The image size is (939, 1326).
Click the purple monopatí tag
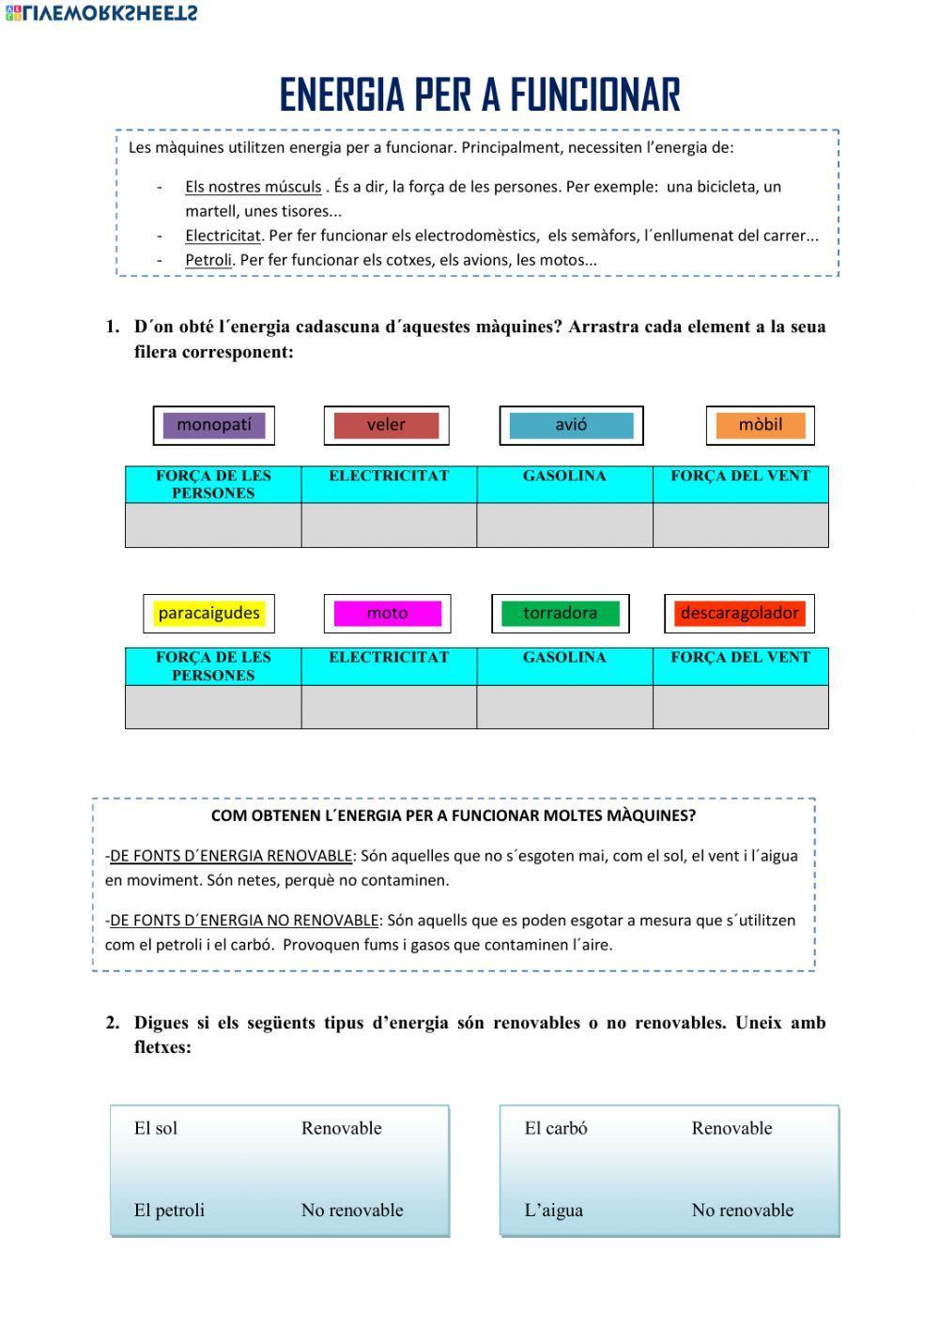(x=214, y=425)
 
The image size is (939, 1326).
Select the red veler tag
(x=386, y=425)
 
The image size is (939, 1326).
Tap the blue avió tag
(x=571, y=425)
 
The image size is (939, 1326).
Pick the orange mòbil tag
(x=760, y=425)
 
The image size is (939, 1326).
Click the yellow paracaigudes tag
(x=208, y=614)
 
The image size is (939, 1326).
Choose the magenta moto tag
(x=387, y=614)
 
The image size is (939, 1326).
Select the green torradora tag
(x=560, y=614)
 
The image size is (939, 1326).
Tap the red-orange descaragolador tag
(x=739, y=614)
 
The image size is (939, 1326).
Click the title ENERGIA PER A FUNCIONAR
(x=479, y=95)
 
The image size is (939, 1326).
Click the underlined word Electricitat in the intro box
(x=223, y=236)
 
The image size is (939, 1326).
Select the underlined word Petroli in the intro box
(x=208, y=260)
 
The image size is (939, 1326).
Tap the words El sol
(x=156, y=1128)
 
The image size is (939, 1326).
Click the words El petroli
(x=169, y=1211)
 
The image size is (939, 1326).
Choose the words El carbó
(x=556, y=1128)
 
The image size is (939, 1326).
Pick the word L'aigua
(x=553, y=1211)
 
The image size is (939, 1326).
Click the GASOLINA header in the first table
(x=564, y=476)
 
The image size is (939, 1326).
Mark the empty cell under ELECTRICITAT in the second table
(x=389, y=707)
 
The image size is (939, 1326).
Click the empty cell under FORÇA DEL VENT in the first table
(x=740, y=525)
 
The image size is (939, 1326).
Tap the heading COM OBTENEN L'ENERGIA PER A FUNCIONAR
(x=454, y=815)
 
